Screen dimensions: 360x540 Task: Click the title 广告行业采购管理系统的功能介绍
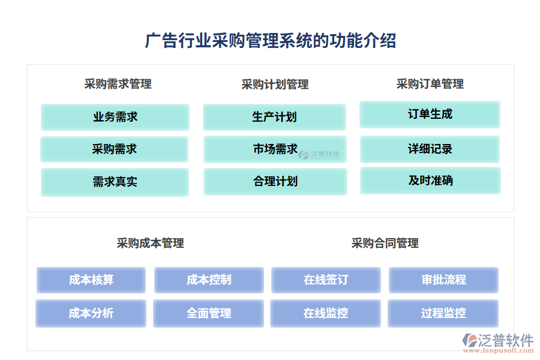(x=270, y=41)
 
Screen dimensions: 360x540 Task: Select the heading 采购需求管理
(x=118, y=84)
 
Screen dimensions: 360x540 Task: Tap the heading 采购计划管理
(x=275, y=85)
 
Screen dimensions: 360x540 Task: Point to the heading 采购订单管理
(x=430, y=84)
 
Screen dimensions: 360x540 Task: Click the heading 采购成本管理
(x=150, y=243)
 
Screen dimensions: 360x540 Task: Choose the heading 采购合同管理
(x=385, y=243)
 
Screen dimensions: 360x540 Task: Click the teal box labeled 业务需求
(x=115, y=117)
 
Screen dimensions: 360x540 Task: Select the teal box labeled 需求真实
(x=115, y=182)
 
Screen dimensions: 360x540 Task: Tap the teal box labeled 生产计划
(x=274, y=117)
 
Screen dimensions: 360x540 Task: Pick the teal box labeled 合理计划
(x=275, y=181)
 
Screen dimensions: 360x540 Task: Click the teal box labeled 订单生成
(x=430, y=114)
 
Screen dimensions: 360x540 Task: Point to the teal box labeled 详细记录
(x=430, y=149)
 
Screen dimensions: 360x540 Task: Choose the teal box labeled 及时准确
(x=430, y=181)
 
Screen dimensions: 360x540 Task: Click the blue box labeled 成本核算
(x=91, y=280)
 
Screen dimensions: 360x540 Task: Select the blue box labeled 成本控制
(x=209, y=280)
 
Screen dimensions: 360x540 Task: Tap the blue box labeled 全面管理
(x=208, y=313)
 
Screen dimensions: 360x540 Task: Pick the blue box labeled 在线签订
(x=326, y=280)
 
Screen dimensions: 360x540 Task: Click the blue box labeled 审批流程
(x=443, y=280)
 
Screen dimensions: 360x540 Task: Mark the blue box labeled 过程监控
(x=443, y=313)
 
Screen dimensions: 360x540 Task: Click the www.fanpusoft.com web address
(x=499, y=352)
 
